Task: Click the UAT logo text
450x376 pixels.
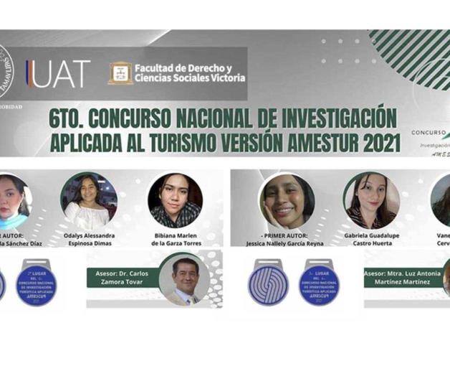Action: pyautogui.click(x=59, y=74)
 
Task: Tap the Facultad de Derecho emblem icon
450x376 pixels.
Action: pyautogui.click(x=120, y=73)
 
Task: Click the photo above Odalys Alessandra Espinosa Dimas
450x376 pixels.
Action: pyautogui.click(x=89, y=200)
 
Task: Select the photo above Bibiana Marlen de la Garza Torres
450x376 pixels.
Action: pyautogui.click(x=175, y=200)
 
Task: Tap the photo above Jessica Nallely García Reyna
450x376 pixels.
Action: pyautogui.click(x=287, y=200)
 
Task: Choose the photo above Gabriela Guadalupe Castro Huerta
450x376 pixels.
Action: pyautogui.click(x=371, y=200)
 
